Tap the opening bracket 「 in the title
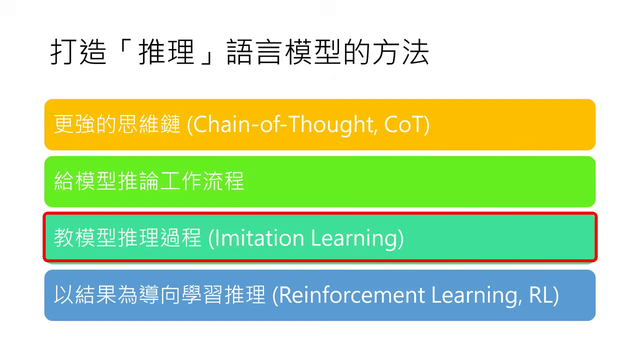123,50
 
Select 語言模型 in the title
285,53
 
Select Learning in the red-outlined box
356,238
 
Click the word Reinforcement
351,295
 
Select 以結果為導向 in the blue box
117,295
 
